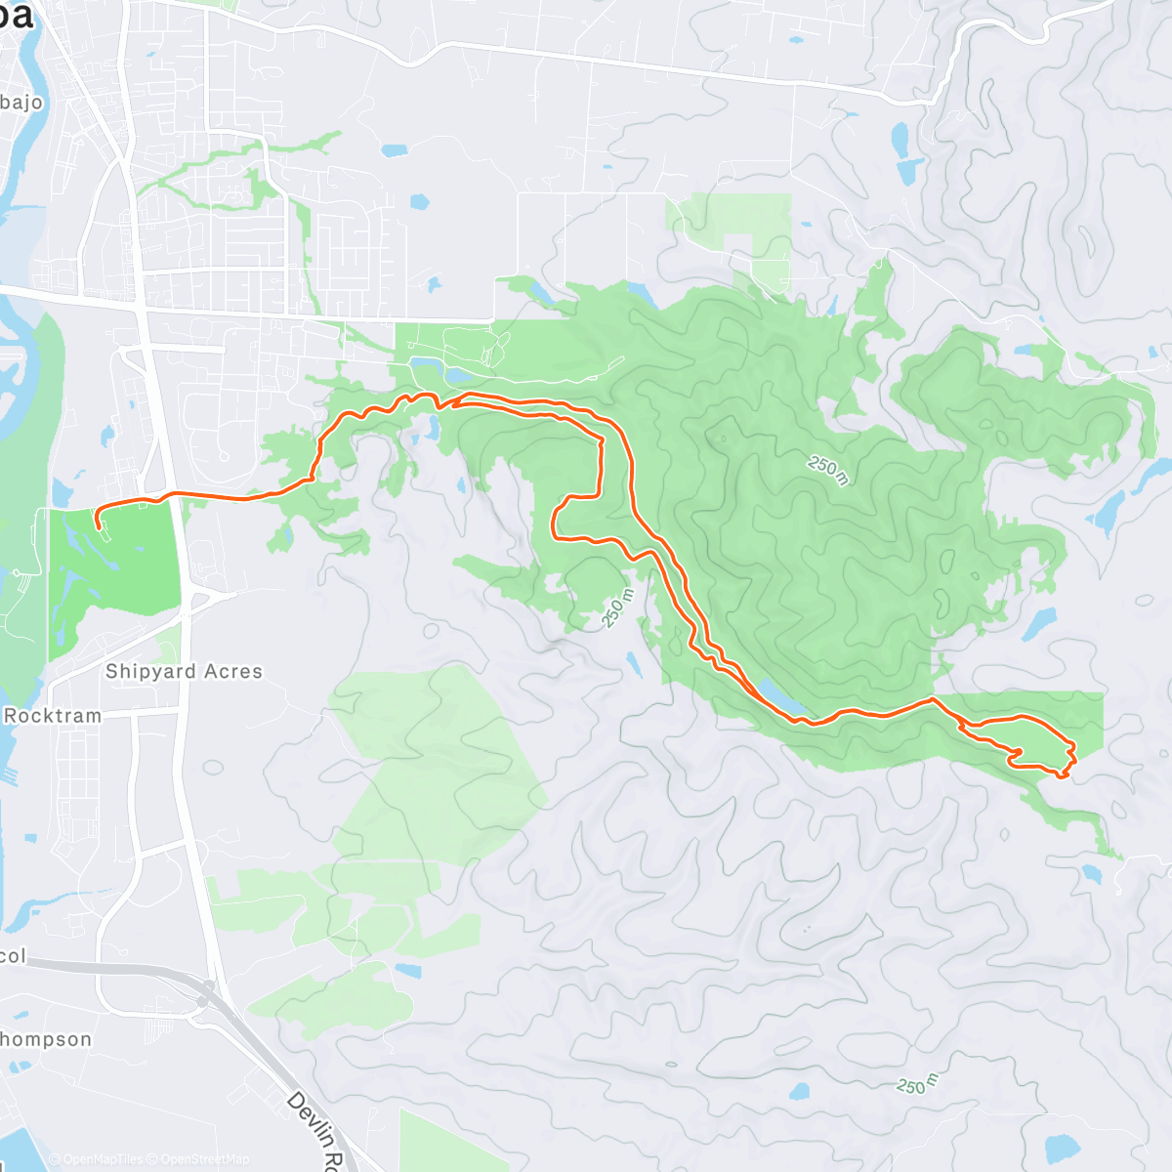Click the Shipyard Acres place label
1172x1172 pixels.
184,672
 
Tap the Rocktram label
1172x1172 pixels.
53,716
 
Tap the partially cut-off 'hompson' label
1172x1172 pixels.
46,1039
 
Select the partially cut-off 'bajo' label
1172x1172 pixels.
21,103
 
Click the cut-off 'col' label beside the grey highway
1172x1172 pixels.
13,956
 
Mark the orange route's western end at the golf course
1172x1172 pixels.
99,527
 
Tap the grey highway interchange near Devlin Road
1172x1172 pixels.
203,999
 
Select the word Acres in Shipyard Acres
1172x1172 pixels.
233,672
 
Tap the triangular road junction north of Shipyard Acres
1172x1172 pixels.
211,595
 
